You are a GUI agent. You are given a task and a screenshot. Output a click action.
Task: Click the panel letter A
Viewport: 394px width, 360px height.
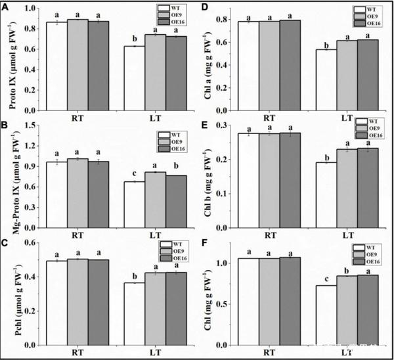point(5,7)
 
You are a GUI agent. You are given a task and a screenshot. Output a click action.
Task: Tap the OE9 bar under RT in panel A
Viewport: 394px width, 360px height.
point(77,59)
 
